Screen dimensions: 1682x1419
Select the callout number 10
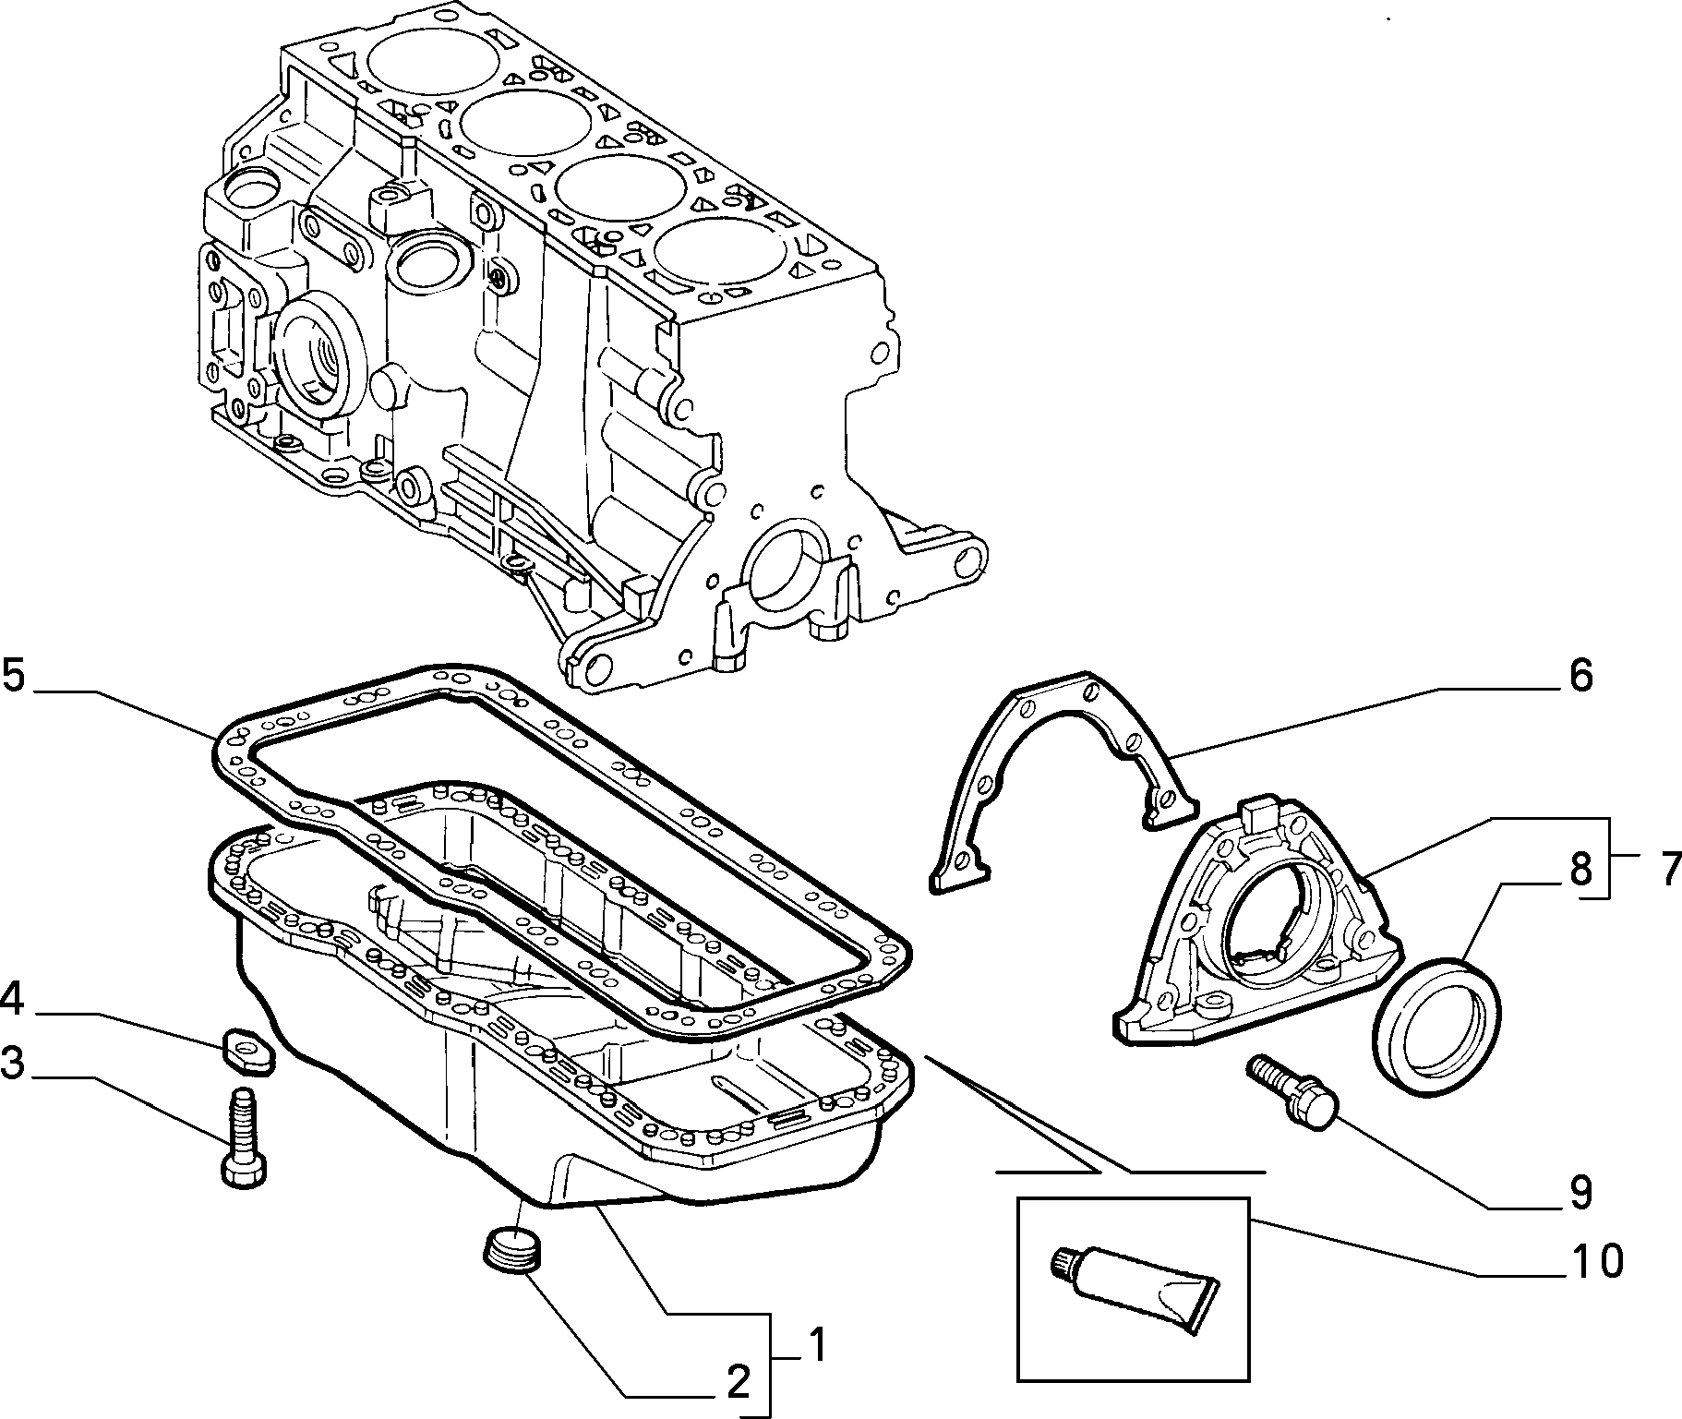click(x=1596, y=1260)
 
